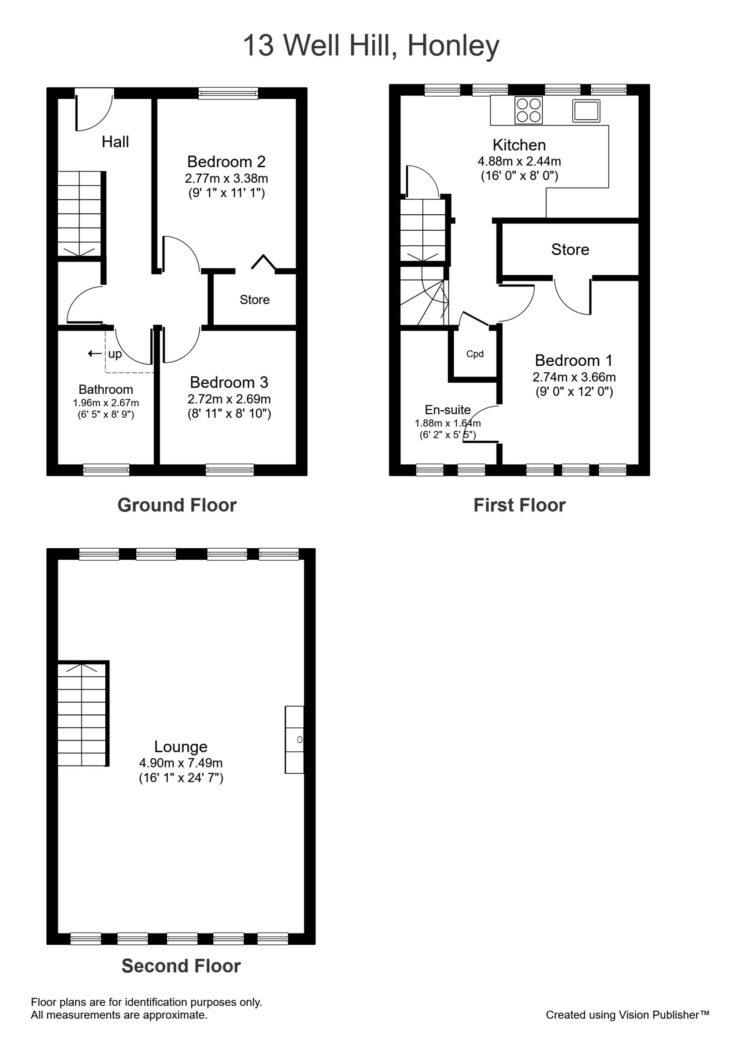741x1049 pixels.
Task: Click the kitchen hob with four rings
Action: tap(528, 110)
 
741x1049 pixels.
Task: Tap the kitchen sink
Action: tap(586, 111)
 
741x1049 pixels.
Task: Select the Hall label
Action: tap(115, 142)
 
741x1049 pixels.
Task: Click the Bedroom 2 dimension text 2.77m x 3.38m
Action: tap(226, 178)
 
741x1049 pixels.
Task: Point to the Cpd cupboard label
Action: tap(475, 354)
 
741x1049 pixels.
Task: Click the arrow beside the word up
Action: tap(95, 353)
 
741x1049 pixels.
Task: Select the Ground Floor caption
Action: tap(177, 505)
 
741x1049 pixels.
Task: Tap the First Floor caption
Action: tap(519, 505)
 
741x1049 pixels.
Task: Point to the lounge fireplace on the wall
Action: tap(295, 740)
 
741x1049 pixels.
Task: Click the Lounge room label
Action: tap(181, 747)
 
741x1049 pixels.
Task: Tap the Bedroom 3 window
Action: tap(229, 470)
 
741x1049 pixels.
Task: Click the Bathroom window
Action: tap(106, 470)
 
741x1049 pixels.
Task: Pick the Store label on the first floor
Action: tap(570, 250)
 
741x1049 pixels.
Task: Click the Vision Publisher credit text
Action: tap(627, 1015)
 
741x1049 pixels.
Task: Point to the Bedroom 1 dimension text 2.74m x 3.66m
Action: tap(574, 377)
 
